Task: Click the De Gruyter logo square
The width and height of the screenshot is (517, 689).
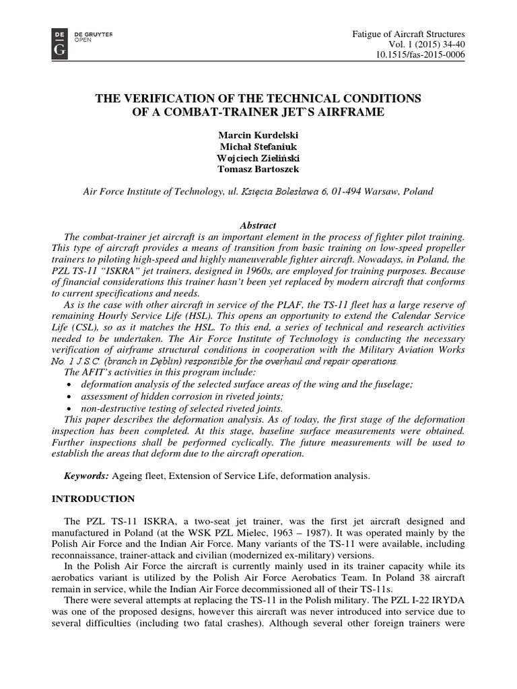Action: pos(59,43)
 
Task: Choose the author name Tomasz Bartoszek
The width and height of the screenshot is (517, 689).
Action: pos(258,170)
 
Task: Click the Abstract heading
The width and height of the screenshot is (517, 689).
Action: pos(258,225)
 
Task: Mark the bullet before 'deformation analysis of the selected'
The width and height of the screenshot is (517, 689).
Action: pos(71,384)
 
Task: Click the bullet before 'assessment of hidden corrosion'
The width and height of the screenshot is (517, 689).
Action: pos(71,396)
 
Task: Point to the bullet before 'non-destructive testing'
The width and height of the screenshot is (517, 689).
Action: pos(71,408)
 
